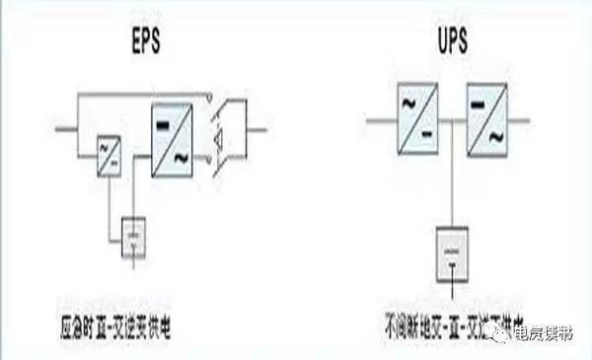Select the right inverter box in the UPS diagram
489,120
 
